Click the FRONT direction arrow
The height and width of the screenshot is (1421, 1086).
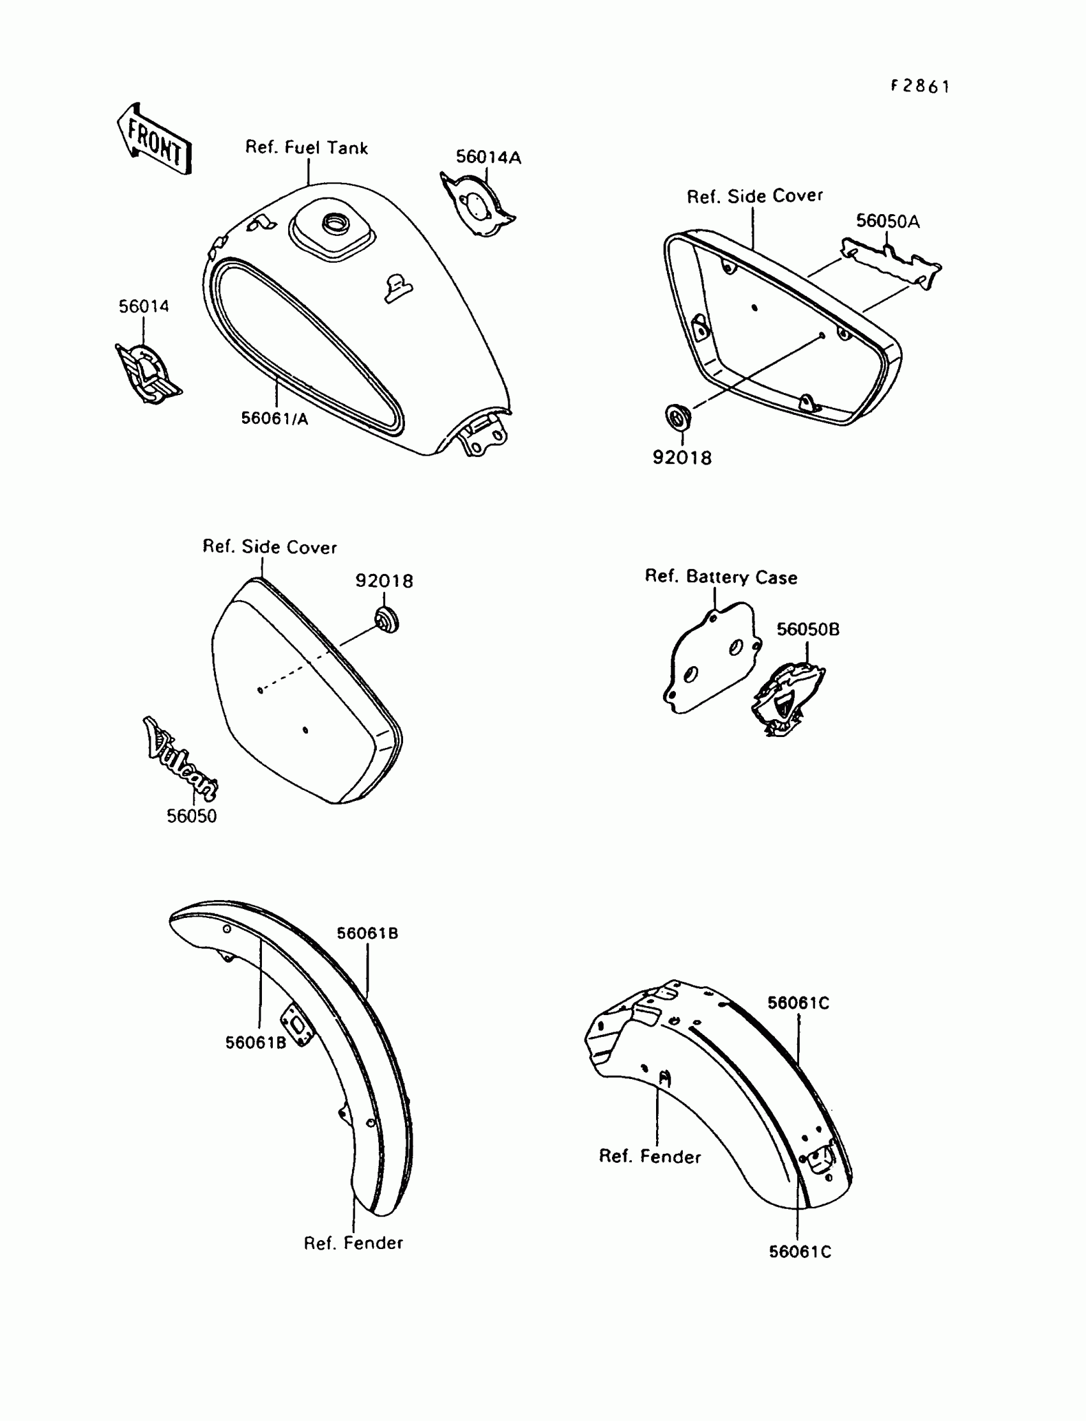(x=155, y=139)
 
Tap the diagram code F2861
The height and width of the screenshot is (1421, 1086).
(x=920, y=87)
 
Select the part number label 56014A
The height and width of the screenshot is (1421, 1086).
(x=488, y=157)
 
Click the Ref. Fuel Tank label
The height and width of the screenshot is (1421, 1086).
(x=307, y=148)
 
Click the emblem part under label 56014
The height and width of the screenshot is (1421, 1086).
(x=148, y=373)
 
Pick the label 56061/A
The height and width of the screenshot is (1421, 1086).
(x=275, y=419)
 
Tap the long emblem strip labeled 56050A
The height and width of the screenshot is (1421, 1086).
(x=891, y=263)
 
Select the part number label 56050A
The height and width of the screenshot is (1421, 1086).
(x=887, y=221)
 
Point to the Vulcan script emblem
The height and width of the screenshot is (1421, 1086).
(x=180, y=759)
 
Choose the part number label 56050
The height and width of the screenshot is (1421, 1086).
(x=192, y=816)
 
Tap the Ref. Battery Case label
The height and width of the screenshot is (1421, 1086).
(x=721, y=577)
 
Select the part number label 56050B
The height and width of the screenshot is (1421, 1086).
(x=807, y=630)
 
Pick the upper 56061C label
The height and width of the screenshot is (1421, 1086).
(x=798, y=1003)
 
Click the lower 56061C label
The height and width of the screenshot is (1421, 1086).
(x=800, y=1252)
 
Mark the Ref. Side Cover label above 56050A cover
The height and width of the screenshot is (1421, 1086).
(x=754, y=197)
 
